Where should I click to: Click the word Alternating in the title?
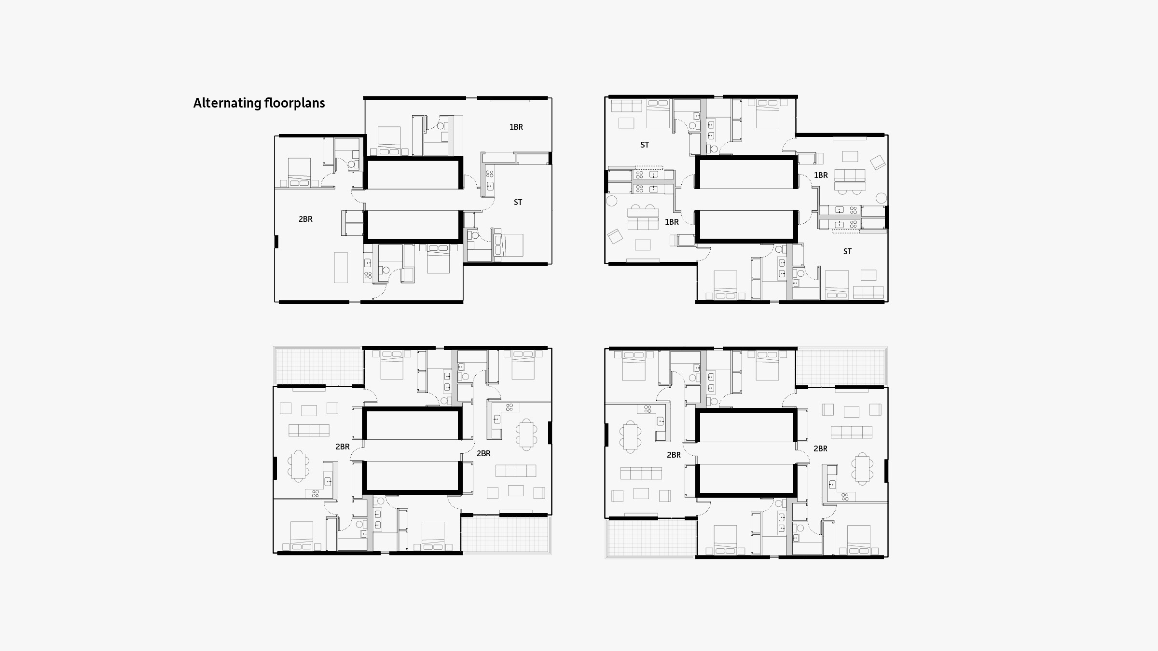click(x=227, y=103)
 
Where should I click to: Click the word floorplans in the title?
click(x=295, y=103)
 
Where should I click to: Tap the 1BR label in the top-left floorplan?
click(x=516, y=127)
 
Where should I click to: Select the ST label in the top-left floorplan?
click(x=518, y=202)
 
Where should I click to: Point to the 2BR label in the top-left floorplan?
click(x=305, y=219)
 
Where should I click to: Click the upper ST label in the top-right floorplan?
click(x=645, y=145)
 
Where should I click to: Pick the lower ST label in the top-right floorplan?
click(x=847, y=251)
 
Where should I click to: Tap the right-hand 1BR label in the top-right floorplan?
click(x=821, y=175)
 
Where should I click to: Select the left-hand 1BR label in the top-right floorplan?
click(x=672, y=222)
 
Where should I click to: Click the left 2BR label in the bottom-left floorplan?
click(x=343, y=447)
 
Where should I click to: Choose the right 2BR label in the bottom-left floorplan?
click(x=483, y=453)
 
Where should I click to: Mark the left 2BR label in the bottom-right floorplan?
click(x=674, y=455)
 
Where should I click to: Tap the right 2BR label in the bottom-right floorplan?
click(x=820, y=448)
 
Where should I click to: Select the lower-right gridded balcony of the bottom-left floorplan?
click(x=506, y=534)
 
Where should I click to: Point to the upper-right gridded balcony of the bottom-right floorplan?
click(x=841, y=366)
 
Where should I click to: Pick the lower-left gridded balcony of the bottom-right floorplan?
click(x=651, y=538)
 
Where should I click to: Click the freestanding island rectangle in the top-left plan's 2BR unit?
click(x=341, y=267)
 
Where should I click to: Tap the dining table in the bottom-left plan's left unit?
click(x=299, y=466)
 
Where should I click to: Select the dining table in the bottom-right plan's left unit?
click(x=630, y=437)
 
